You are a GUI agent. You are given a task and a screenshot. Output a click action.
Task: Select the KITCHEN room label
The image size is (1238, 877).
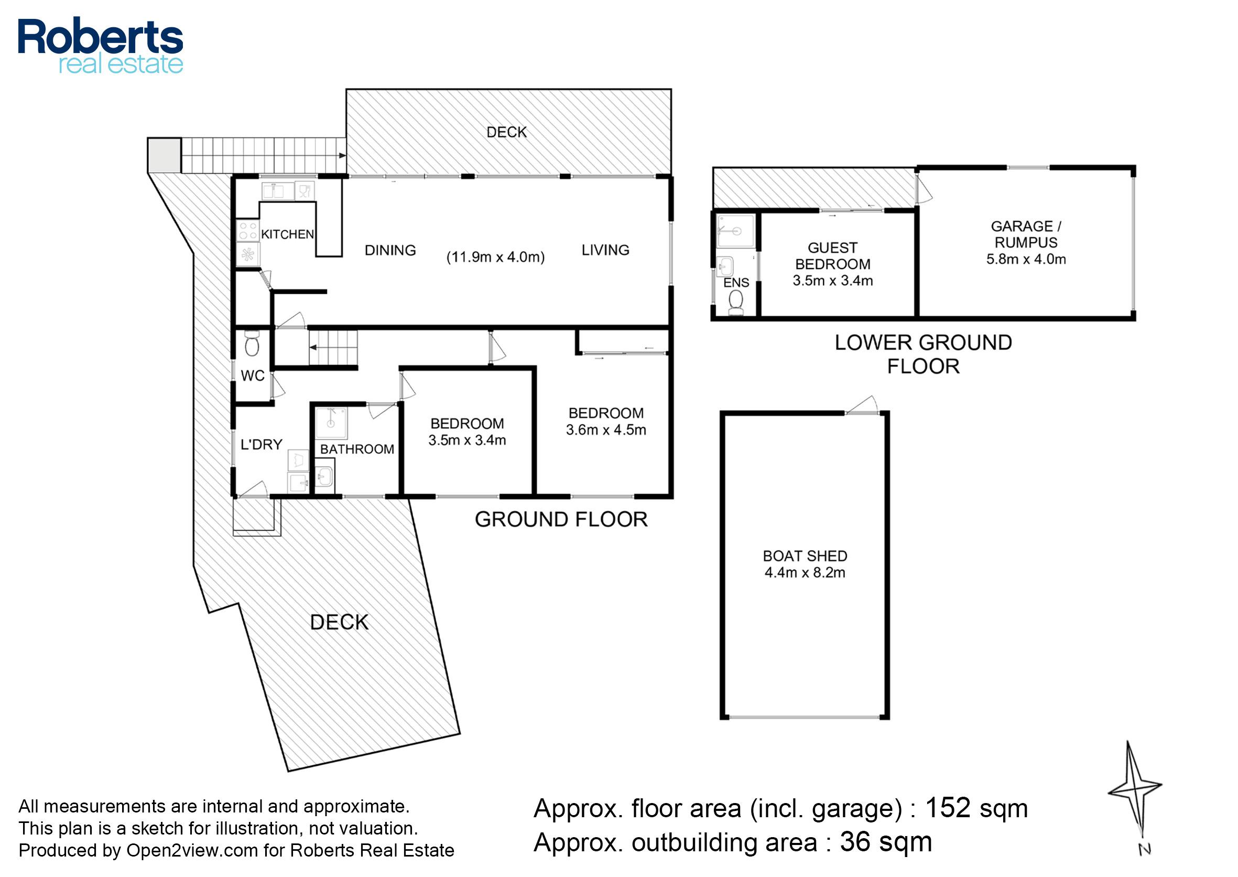(287, 234)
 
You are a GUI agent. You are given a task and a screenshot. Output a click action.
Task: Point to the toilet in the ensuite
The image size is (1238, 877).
(735, 303)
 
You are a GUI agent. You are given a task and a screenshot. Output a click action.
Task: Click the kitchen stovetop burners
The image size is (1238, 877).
(248, 231)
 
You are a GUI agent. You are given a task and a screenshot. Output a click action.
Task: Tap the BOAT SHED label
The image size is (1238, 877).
(805, 555)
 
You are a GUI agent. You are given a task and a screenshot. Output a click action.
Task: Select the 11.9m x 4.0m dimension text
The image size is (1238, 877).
(495, 257)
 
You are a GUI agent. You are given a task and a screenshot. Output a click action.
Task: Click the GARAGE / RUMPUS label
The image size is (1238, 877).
(1026, 234)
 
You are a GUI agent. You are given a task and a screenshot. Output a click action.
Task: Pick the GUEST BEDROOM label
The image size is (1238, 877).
(833, 256)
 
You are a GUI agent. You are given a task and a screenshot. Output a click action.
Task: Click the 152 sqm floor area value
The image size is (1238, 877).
(976, 808)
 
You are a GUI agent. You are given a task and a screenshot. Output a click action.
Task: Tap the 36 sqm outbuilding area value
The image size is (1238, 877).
(886, 842)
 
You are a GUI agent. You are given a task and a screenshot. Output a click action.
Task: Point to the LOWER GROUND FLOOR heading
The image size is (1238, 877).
(924, 354)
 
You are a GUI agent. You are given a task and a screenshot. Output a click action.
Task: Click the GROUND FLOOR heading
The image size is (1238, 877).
(561, 519)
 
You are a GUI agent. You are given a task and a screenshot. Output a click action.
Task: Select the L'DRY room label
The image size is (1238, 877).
(261, 444)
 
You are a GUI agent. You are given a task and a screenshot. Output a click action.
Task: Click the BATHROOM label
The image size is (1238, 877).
(357, 450)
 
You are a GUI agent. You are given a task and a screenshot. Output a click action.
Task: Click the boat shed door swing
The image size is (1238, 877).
(862, 405)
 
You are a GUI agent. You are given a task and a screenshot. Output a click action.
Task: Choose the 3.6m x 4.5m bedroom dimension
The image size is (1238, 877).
(606, 430)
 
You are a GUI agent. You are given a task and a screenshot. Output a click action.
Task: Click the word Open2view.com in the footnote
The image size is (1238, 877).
(192, 851)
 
